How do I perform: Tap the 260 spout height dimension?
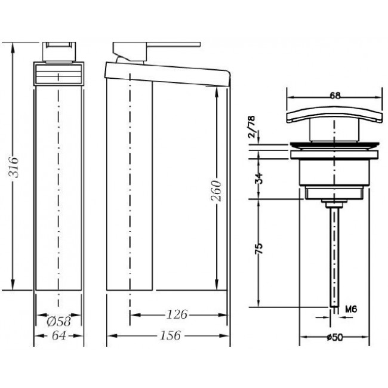(215, 191)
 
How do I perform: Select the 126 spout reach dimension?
(177, 315)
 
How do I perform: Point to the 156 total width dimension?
(171, 335)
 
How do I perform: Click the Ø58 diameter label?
(59, 322)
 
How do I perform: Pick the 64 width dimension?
(59, 336)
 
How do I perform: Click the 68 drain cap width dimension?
(335, 96)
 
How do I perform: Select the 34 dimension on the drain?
(259, 178)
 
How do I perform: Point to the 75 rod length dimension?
(259, 249)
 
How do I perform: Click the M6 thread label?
(351, 309)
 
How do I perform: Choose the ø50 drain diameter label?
(334, 337)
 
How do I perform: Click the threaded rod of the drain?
(334, 257)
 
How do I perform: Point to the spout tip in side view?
(228, 79)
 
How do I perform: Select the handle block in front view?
(58, 52)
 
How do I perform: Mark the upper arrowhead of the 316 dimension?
(13, 48)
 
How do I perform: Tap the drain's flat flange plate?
(334, 154)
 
